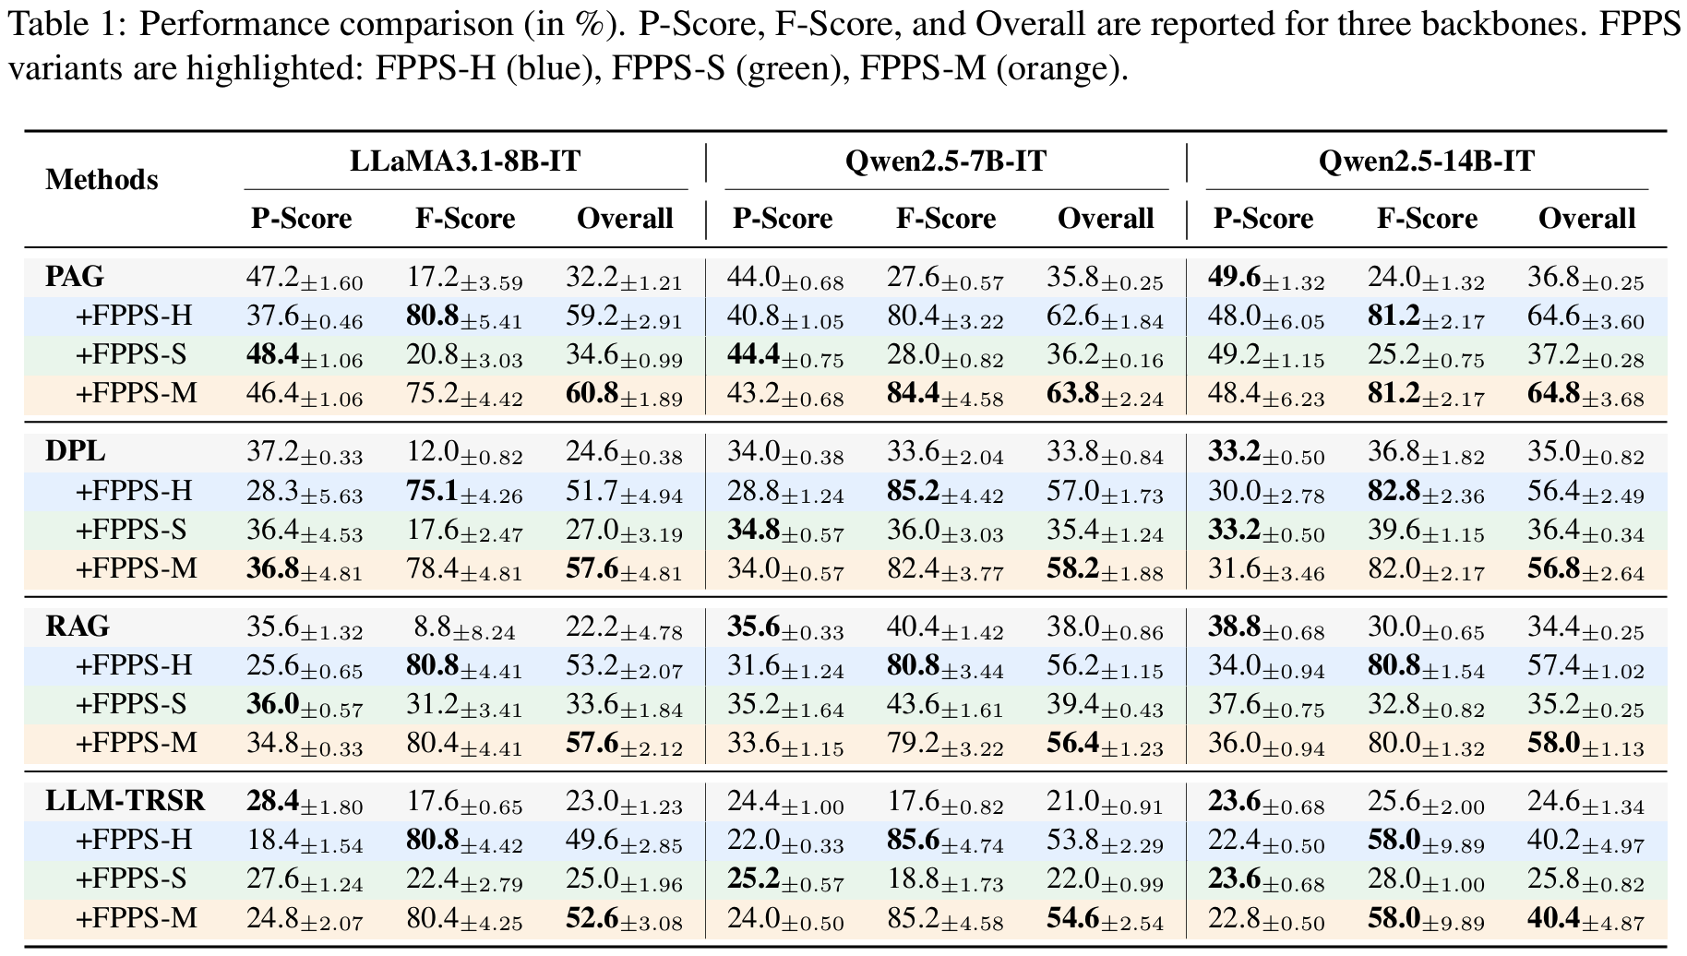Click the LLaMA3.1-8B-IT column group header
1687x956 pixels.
click(465, 161)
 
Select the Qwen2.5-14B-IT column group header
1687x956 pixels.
click(1426, 161)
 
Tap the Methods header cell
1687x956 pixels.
click(102, 179)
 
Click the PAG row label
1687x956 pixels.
click(75, 276)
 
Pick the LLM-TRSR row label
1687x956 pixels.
click(125, 801)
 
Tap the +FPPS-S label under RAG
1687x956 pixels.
click(131, 704)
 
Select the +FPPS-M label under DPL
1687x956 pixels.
click(136, 568)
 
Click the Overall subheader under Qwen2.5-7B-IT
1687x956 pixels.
click(1105, 219)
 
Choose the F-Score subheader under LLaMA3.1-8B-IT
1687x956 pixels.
click(465, 219)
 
